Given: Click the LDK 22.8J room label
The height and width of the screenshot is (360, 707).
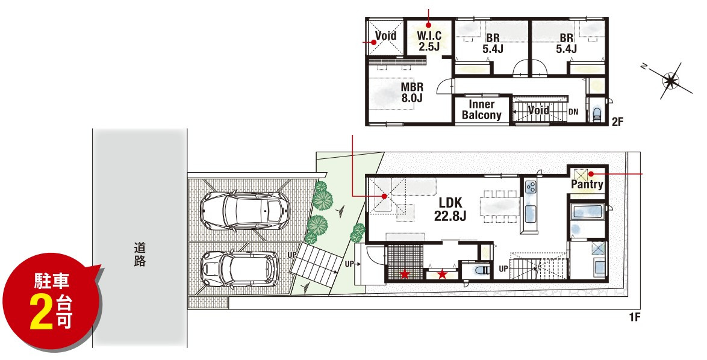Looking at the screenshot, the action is pyautogui.click(x=450, y=209).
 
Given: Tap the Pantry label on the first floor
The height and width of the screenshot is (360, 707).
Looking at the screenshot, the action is pyautogui.click(x=587, y=184).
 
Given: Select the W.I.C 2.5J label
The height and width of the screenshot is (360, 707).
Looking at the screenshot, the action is pyautogui.click(x=429, y=40).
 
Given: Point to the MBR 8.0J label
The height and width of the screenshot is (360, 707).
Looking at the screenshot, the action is pyautogui.click(x=412, y=92).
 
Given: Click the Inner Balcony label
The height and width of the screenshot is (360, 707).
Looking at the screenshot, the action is pyautogui.click(x=482, y=110).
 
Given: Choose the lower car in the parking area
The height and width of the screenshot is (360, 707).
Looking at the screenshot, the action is pyautogui.click(x=240, y=269).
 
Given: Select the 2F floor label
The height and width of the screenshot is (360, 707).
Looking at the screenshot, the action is pyautogui.click(x=617, y=121).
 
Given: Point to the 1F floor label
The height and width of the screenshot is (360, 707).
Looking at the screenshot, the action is pyautogui.click(x=634, y=317).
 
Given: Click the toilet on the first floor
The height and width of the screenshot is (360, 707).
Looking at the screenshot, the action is pyautogui.click(x=481, y=270).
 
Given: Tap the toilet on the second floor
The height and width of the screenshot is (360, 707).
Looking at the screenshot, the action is pyautogui.click(x=596, y=114).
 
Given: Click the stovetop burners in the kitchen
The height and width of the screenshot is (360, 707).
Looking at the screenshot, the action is pyautogui.click(x=530, y=186).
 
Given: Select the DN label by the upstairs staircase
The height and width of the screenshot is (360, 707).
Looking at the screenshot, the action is pyautogui.click(x=573, y=112).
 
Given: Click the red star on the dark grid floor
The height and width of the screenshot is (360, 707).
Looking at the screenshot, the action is pyautogui.click(x=405, y=273).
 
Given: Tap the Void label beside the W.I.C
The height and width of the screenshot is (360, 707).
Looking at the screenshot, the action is pyautogui.click(x=385, y=35).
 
